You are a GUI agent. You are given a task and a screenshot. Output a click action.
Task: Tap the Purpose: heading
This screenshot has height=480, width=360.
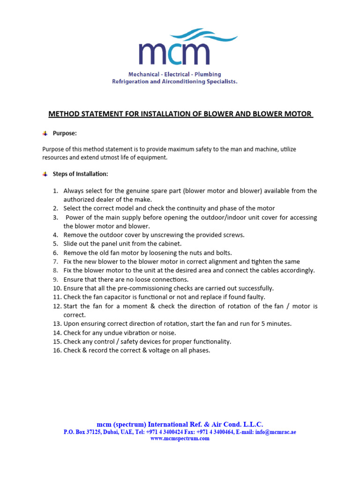point(65,134)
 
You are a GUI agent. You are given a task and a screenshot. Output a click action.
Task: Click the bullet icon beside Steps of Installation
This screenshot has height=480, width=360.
point(45,174)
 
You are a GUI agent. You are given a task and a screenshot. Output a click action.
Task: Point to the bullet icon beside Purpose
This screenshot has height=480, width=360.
point(45,134)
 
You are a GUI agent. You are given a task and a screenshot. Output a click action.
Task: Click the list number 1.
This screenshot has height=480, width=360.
point(55,191)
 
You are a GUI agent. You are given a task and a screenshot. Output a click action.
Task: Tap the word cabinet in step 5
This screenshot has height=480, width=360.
point(170,244)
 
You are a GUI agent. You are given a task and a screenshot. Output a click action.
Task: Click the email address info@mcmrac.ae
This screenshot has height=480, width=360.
point(276,432)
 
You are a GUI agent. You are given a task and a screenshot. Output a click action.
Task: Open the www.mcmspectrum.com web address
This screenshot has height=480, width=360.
point(180,439)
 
